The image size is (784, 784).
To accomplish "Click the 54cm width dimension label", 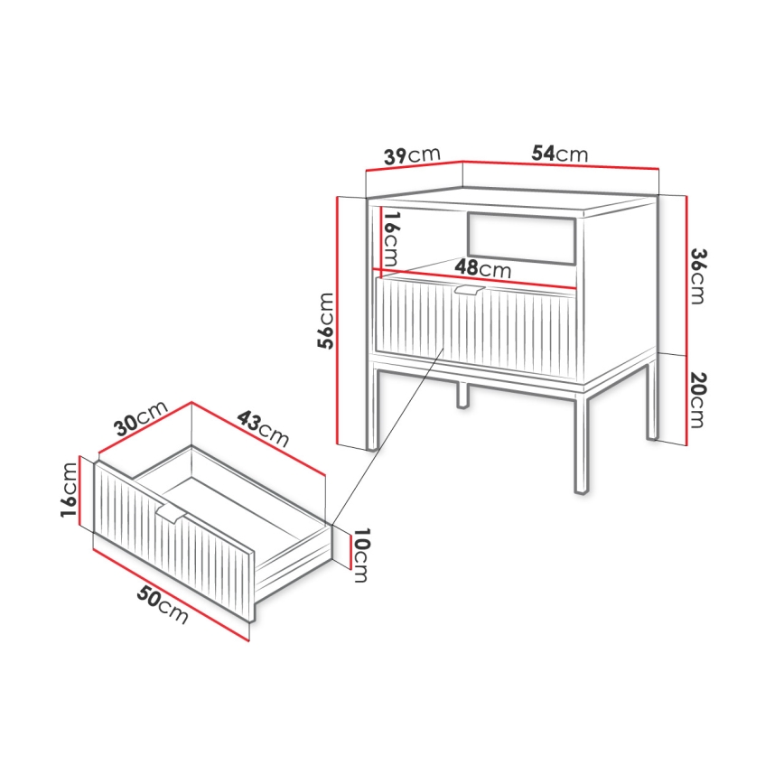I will point(559,154).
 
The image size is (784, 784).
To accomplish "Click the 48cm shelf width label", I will point(482,268).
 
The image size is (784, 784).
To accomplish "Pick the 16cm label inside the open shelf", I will point(390,238).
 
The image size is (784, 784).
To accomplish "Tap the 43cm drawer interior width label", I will point(263,430).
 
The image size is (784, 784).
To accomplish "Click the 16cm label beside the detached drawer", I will point(70,490).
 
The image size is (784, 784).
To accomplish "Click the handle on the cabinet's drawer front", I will point(469,290).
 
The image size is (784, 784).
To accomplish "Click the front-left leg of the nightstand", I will point(372,406).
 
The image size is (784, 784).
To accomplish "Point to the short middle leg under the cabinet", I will point(462,394).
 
